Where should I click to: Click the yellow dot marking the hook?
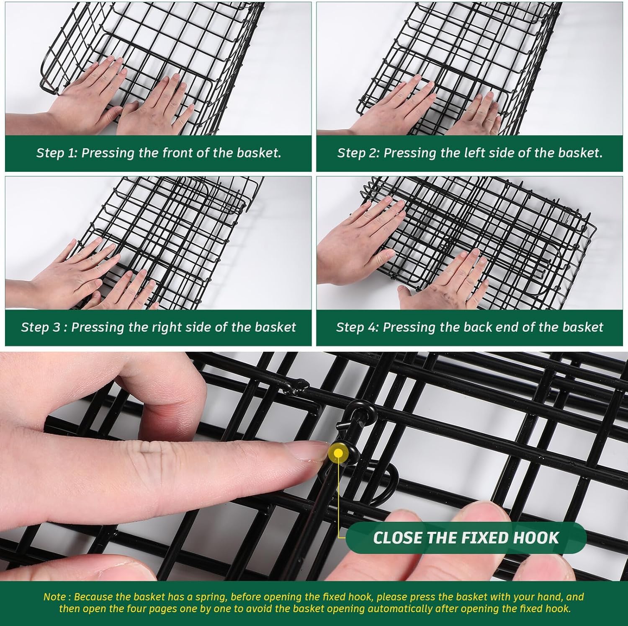[338, 453]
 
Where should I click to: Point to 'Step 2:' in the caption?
[358, 153]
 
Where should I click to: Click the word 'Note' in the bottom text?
[54, 597]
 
